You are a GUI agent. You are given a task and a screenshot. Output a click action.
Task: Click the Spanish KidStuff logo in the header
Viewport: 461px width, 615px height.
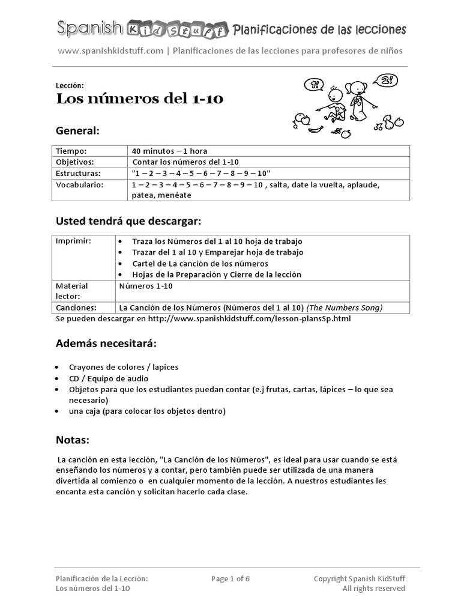pos(142,28)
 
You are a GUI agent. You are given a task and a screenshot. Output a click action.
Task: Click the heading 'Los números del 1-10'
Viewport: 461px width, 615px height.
pos(140,98)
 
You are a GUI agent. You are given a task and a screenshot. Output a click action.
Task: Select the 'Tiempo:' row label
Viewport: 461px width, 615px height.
pos(71,151)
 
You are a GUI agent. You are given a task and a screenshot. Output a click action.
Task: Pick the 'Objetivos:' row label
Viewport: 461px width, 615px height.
pos(75,162)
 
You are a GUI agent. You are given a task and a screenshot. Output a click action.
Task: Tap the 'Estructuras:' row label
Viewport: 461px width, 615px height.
pos(78,173)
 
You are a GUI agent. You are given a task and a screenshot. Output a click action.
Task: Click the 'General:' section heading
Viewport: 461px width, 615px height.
pos(77,130)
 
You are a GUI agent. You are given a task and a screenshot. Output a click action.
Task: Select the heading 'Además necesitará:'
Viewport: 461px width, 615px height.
pos(106,344)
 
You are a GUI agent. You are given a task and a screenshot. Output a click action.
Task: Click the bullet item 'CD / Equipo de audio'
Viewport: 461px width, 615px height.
pos(108,378)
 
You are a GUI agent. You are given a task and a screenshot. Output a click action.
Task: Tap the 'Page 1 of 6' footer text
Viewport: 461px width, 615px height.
pos(230,578)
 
